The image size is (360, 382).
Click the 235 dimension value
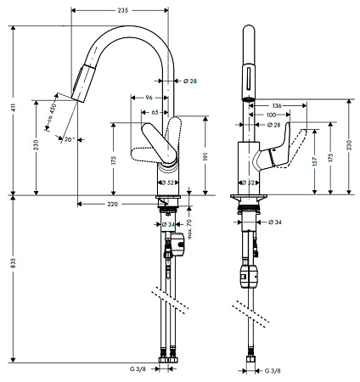[123, 9]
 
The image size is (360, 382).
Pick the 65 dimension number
[155, 111]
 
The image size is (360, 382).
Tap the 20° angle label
[70, 138]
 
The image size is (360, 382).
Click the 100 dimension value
[271, 114]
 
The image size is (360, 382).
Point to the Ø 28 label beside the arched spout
[190, 81]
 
